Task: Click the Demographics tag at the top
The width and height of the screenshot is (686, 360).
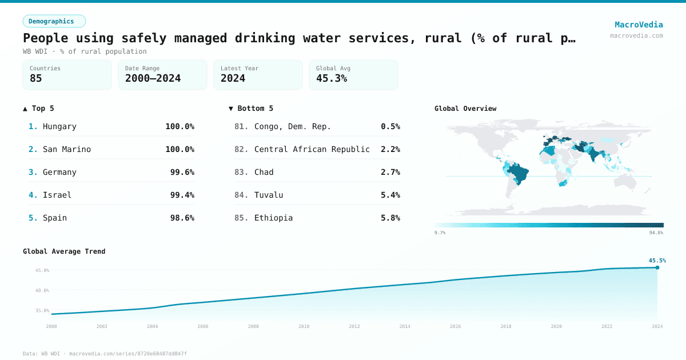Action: pyautogui.click(x=54, y=21)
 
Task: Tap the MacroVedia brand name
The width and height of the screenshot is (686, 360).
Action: pyautogui.click(x=639, y=25)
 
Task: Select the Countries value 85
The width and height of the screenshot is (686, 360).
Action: pyautogui.click(x=36, y=78)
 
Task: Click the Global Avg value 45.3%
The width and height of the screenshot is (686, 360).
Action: pyautogui.click(x=332, y=78)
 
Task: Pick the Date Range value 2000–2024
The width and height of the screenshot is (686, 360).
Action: pyautogui.click(x=153, y=78)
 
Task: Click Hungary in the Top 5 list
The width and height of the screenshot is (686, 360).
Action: pyautogui.click(x=59, y=126)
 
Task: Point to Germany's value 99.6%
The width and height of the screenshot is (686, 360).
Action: pyautogui.click(x=182, y=172)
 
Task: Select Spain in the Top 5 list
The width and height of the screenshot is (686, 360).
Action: pyautogui.click(x=55, y=218)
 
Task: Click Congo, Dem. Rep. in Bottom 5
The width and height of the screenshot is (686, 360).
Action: pyautogui.click(x=292, y=126)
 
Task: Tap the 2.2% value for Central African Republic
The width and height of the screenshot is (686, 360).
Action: pyautogui.click(x=390, y=149)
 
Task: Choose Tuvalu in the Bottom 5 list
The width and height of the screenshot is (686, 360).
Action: pyautogui.click(x=269, y=195)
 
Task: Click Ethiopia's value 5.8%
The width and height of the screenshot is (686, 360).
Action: pyautogui.click(x=390, y=218)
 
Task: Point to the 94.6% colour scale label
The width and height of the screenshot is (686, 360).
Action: pyautogui.click(x=656, y=233)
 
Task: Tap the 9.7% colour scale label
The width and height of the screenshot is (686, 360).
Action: pyautogui.click(x=440, y=233)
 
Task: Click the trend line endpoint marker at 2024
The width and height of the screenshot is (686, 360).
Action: pyautogui.click(x=657, y=267)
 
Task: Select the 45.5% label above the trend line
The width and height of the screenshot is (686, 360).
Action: pyautogui.click(x=657, y=260)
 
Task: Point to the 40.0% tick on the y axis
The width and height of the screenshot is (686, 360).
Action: pyautogui.click(x=43, y=290)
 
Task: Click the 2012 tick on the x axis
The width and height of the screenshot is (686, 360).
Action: pyautogui.click(x=354, y=326)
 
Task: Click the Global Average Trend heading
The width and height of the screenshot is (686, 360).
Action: pyautogui.click(x=64, y=251)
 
